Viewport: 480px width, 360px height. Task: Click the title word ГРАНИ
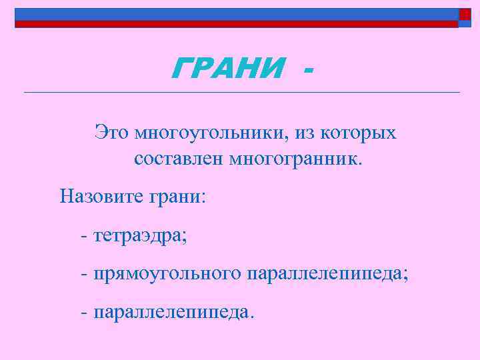coord(228,67)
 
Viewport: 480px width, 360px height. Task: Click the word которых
coord(358,133)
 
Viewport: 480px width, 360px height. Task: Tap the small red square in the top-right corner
coord(464,14)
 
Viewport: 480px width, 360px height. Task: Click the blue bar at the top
coord(233,14)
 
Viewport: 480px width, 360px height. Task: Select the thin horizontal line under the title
coord(240,91)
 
